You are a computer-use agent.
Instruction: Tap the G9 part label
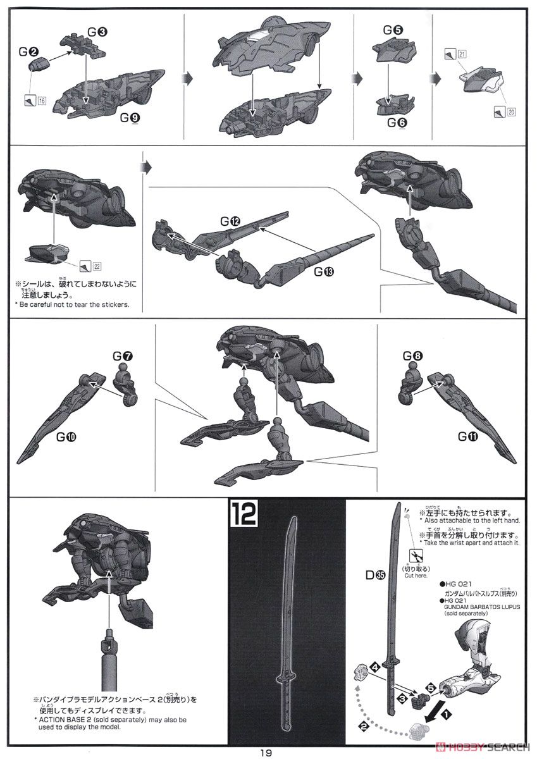click(130, 117)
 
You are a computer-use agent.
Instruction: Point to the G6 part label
click(397, 122)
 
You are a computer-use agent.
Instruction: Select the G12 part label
click(230, 221)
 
